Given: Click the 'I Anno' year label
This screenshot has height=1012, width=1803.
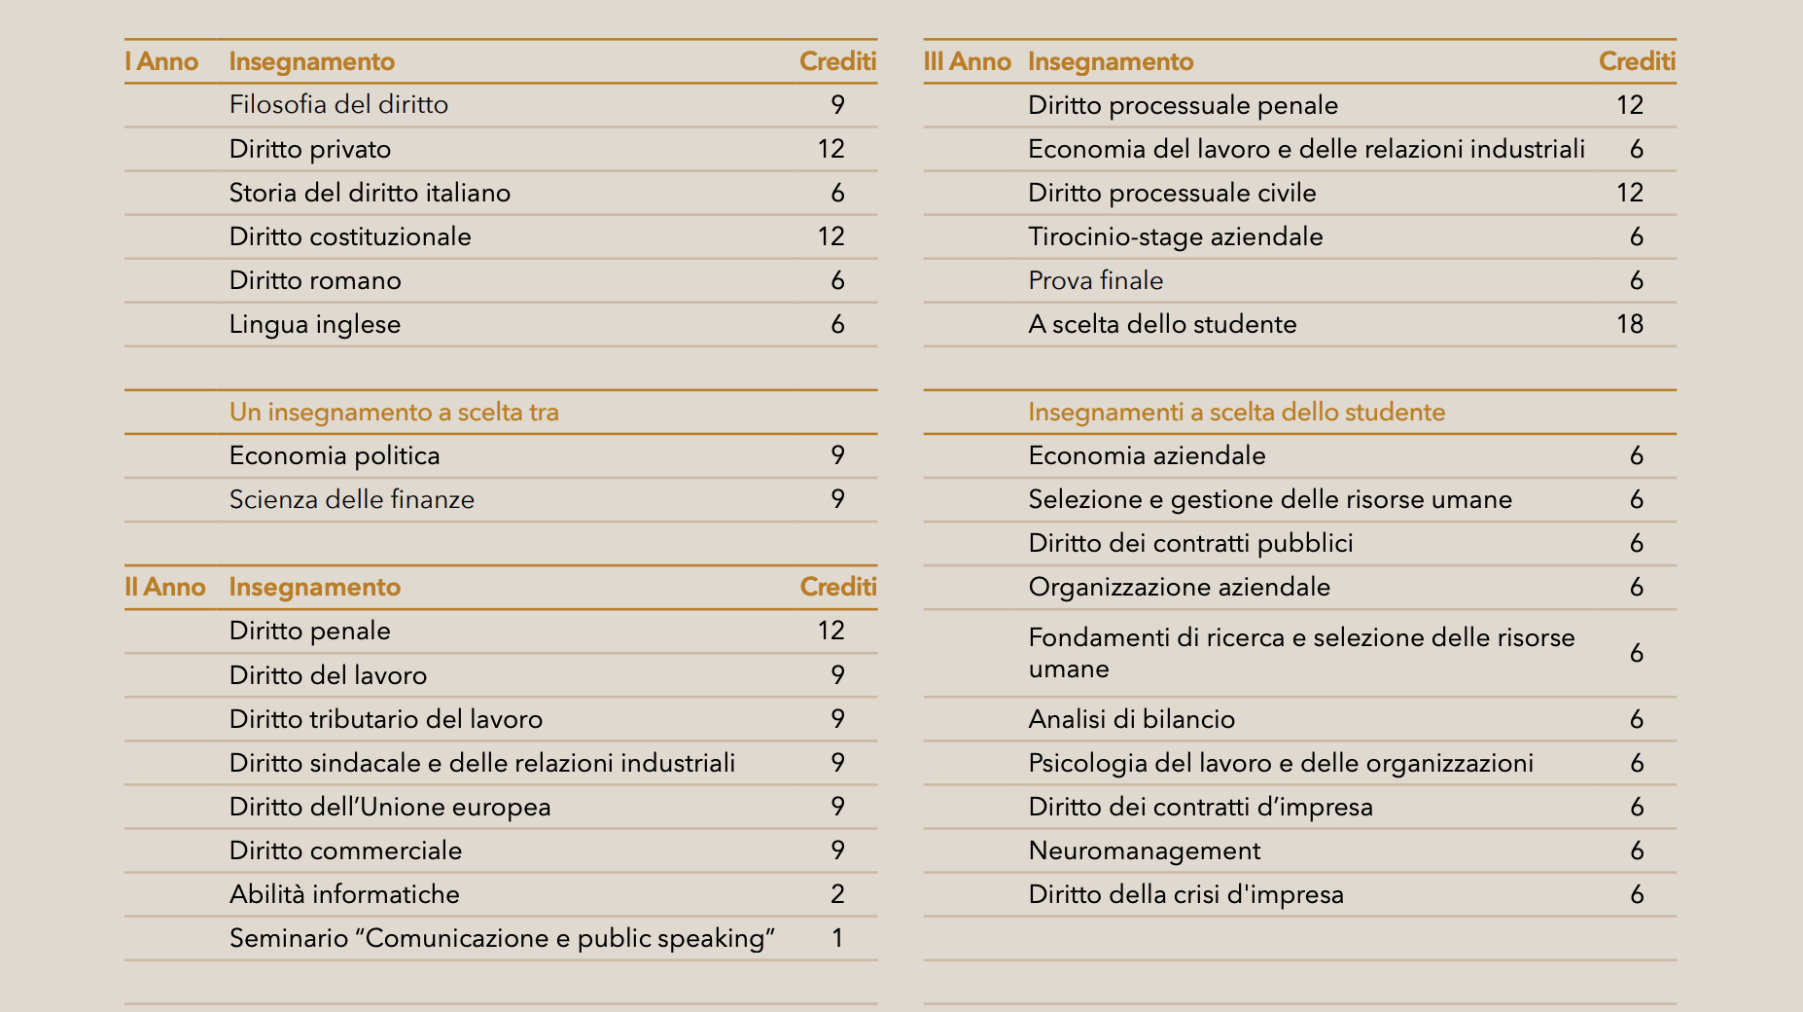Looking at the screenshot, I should click(161, 61).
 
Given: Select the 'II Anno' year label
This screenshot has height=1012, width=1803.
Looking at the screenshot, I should click(165, 587).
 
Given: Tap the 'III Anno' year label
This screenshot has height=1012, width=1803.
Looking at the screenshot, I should click(967, 61).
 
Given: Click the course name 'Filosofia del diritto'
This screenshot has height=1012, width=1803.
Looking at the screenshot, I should click(338, 105).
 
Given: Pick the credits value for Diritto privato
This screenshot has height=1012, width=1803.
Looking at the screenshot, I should click(831, 149).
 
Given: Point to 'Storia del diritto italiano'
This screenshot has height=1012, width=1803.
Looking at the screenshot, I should click(370, 193).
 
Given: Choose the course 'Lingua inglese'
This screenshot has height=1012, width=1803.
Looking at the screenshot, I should click(315, 324).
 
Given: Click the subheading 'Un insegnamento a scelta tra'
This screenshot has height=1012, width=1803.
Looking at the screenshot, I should click(394, 412).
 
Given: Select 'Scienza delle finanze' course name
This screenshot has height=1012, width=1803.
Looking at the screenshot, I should click(352, 499).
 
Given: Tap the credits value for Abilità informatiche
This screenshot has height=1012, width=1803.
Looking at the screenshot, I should click(837, 894).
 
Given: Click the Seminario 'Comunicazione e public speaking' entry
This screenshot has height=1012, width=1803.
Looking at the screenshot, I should click(502, 938).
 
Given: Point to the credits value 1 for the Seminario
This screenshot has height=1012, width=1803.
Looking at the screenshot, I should click(837, 938).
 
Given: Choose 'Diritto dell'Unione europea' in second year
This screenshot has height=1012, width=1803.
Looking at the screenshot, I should click(390, 807).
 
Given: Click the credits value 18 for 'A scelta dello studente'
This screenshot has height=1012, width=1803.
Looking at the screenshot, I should click(1630, 324).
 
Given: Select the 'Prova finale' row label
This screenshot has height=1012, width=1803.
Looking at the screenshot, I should click(1096, 280).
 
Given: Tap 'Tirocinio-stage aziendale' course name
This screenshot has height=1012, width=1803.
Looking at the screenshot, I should click(1176, 236).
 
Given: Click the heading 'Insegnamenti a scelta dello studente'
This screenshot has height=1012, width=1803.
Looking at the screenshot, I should click(1237, 412).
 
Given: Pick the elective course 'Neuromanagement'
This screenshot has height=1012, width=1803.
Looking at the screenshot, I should click(1145, 850).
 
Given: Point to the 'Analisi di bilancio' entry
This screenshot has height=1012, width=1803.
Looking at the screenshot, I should click(1132, 719).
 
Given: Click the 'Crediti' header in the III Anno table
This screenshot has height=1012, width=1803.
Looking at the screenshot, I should click(1637, 61).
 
